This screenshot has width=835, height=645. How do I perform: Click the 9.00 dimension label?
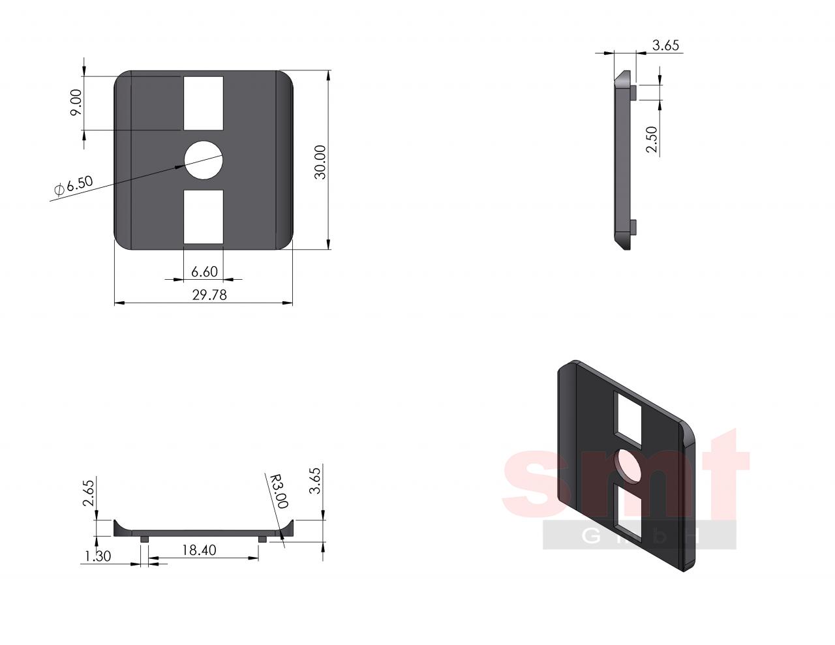tap(76, 102)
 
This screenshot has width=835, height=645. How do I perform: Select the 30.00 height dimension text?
tap(320, 162)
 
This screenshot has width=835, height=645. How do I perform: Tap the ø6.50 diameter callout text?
tap(74, 186)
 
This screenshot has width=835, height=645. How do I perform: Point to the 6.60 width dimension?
tap(204, 271)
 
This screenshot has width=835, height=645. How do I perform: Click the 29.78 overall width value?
tap(209, 295)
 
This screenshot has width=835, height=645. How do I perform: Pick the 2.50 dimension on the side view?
tap(652, 140)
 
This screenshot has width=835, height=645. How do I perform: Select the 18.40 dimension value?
tap(199, 550)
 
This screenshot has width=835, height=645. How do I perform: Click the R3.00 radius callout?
tap(279, 491)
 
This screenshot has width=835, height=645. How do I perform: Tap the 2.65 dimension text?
tap(88, 493)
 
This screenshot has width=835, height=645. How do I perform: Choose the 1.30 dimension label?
tap(98, 556)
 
